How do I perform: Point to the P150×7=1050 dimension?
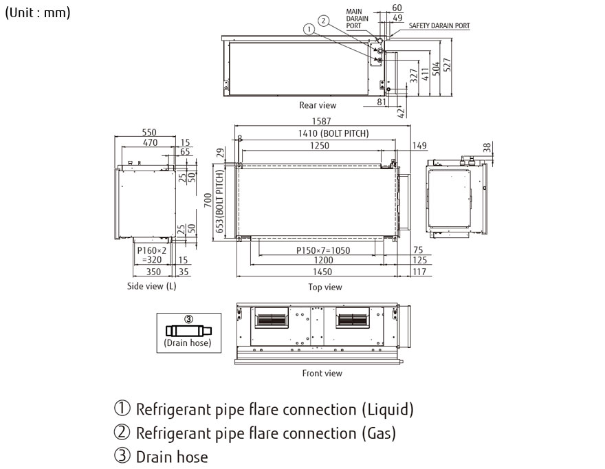[318, 250]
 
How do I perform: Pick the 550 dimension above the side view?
[149, 132]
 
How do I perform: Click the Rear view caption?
[318, 105]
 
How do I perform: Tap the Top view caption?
[324, 287]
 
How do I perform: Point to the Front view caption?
[322, 373]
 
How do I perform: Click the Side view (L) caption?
[152, 287]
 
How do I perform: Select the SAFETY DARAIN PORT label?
[439, 25]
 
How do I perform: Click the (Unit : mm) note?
[38, 13]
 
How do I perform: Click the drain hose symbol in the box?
[188, 330]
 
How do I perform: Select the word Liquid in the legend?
[387, 411]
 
